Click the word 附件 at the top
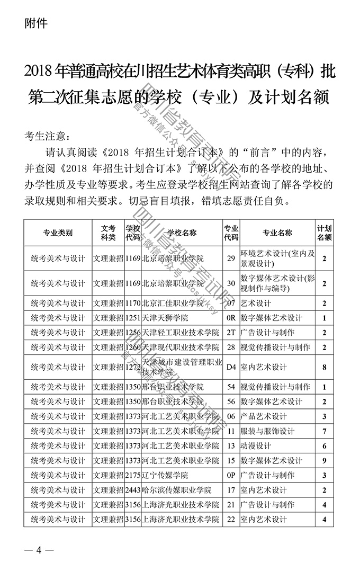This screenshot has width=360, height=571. coord(36,23)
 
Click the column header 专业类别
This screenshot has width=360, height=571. coord(58,233)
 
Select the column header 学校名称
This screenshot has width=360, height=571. coord(182,233)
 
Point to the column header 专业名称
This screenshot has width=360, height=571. coord(277,233)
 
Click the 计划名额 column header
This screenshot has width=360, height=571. coord(325,233)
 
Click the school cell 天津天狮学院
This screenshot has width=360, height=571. coord(165,318)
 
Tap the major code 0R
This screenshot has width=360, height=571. coord(230,318)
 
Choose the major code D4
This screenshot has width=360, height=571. coord(230,367)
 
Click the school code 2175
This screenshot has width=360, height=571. coord(133,475)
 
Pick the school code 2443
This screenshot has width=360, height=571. coord(133,490)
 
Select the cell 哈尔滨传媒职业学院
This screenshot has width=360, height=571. coord(177,490)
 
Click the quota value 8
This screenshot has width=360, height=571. coord(324,367)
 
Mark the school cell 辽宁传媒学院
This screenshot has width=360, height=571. coord(165,475)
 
